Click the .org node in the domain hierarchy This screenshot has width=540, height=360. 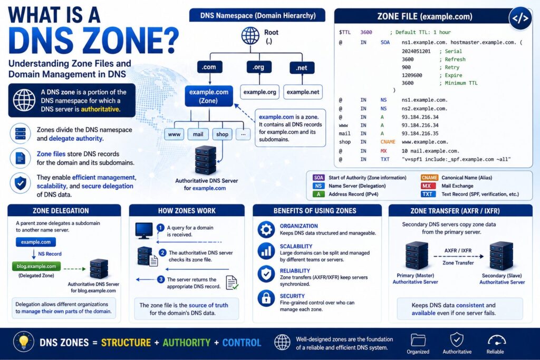(x=259, y=67)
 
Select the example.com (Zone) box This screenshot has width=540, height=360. (x=209, y=96)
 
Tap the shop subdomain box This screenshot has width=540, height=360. (x=222, y=134)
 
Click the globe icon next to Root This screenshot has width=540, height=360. (x=250, y=36)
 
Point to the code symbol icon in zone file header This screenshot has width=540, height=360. (x=520, y=18)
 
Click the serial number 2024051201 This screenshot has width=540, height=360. (x=416, y=51)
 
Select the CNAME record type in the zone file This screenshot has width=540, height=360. (x=388, y=142)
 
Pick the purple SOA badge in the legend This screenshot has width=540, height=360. (x=319, y=178)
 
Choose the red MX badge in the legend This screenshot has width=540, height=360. (x=426, y=186)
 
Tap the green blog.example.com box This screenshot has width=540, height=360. (x=36, y=266)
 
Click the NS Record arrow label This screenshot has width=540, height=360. (x=50, y=254)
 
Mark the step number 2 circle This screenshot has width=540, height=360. (x=162, y=252)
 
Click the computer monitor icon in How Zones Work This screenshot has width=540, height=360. (x=144, y=230)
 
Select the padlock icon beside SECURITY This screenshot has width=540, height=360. (x=266, y=298)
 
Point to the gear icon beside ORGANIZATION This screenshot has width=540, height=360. (x=266, y=230)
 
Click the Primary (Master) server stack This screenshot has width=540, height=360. (x=417, y=255)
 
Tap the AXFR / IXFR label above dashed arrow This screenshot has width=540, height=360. (x=458, y=250)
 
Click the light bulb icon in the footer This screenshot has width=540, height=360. (x=23, y=342)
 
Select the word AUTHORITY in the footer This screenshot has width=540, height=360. (x=186, y=343)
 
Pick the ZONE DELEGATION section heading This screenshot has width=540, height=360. (x=61, y=211)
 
